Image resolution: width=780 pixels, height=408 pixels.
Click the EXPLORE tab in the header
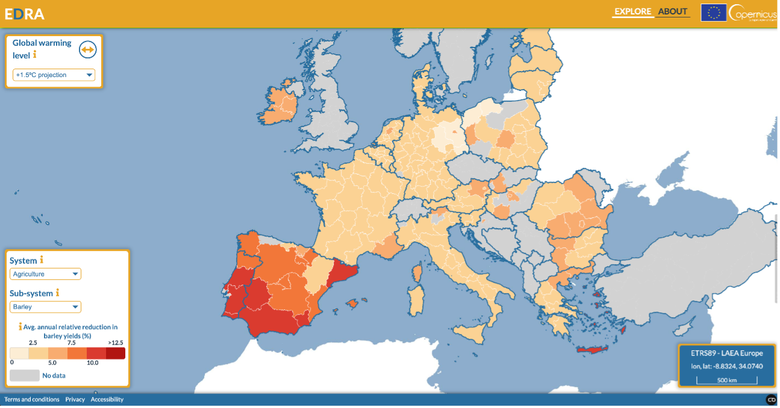click(632, 11)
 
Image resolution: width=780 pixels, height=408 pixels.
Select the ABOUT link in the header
click(672, 11)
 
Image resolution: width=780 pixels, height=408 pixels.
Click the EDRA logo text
click(25, 14)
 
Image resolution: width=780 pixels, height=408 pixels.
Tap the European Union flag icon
click(713, 13)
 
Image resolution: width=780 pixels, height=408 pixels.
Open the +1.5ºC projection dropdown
click(54, 75)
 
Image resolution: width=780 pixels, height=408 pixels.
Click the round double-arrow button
click(88, 50)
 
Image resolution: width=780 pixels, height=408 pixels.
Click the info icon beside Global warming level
click(35, 55)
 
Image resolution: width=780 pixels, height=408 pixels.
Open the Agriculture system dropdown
click(45, 274)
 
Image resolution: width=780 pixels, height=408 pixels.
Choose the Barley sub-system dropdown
click(45, 307)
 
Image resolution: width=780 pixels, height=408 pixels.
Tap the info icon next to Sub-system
click(57, 292)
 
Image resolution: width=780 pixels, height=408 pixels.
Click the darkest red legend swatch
click(116, 353)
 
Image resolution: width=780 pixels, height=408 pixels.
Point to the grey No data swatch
click(23, 376)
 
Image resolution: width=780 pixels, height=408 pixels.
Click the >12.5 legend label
click(115, 342)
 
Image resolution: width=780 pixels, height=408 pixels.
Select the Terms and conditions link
click(32, 400)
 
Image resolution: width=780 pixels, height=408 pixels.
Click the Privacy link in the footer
click(75, 400)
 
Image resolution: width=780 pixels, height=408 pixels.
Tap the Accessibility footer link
click(107, 400)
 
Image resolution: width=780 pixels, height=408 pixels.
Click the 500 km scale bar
click(726, 380)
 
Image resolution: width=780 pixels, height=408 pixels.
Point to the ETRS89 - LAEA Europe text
click(726, 353)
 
